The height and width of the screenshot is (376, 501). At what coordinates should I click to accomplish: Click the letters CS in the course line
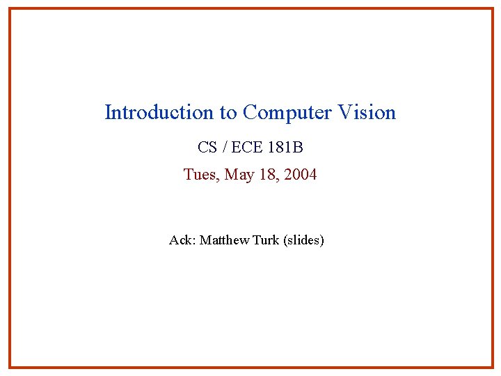[x=207, y=148]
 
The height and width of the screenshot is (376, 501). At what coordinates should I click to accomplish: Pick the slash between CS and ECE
[x=223, y=148]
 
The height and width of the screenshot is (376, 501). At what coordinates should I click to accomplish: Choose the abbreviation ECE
[x=245, y=148]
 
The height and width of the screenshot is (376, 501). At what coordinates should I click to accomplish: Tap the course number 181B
[x=285, y=148]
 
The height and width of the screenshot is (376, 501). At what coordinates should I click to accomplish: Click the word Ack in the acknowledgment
[x=181, y=240]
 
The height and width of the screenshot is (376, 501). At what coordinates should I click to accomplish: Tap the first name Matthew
[x=224, y=240]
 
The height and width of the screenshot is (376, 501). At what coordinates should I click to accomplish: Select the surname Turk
[x=266, y=240]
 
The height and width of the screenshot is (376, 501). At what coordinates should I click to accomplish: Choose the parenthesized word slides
[x=303, y=241]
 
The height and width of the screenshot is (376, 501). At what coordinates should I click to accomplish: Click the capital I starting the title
[x=108, y=113]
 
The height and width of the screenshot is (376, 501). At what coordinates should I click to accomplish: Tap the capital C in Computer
[x=250, y=113]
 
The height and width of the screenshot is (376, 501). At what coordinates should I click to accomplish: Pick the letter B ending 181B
[x=298, y=148]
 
